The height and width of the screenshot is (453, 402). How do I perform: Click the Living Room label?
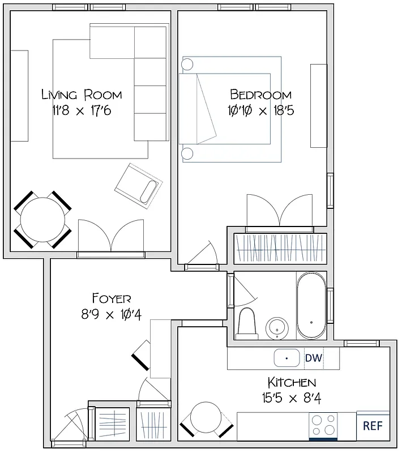click(x=82, y=95)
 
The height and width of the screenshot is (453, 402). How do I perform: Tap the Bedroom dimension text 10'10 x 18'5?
click(x=262, y=110)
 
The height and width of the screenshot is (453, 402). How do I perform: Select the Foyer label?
click(x=112, y=298)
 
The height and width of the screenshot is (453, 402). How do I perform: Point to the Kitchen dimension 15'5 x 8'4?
click(x=292, y=398)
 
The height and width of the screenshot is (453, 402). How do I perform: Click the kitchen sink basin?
click(x=287, y=358)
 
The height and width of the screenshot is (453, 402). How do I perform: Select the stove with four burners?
click(x=323, y=425)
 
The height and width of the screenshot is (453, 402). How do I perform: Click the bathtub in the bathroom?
click(x=311, y=306)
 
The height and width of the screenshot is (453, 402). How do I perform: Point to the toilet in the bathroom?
click(x=247, y=323)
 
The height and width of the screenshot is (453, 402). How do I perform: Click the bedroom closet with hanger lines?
click(x=280, y=247)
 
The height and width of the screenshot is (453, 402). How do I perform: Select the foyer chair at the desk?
click(x=142, y=356)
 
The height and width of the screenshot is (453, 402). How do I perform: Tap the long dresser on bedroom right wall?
click(x=318, y=106)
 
